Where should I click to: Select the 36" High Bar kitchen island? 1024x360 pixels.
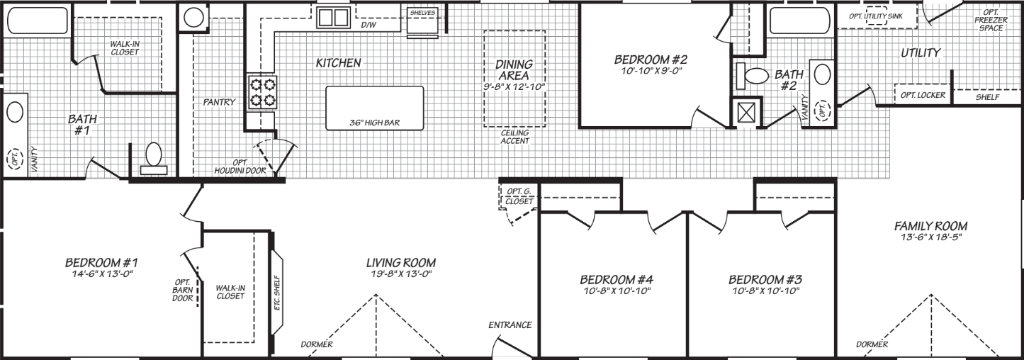(x=375, y=108)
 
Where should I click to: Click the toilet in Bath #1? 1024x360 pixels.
(x=154, y=157)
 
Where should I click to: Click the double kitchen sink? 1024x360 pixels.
(x=332, y=17)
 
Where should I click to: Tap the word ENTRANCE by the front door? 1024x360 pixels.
(x=510, y=325)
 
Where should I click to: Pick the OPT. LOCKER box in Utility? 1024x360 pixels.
(x=923, y=96)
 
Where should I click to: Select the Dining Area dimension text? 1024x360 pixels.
(x=514, y=86)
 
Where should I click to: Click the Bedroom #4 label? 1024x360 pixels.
(x=615, y=279)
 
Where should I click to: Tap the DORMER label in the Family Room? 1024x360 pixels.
(x=872, y=344)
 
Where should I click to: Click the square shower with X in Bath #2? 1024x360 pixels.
(x=746, y=113)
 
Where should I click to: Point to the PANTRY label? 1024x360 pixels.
(x=219, y=102)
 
